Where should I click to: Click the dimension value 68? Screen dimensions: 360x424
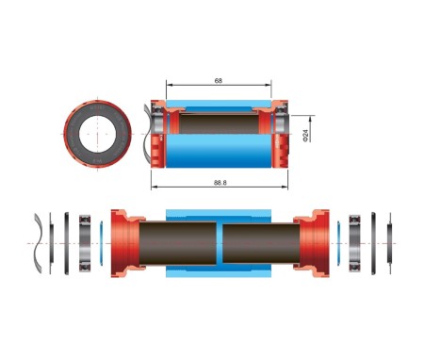(x=219, y=81)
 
